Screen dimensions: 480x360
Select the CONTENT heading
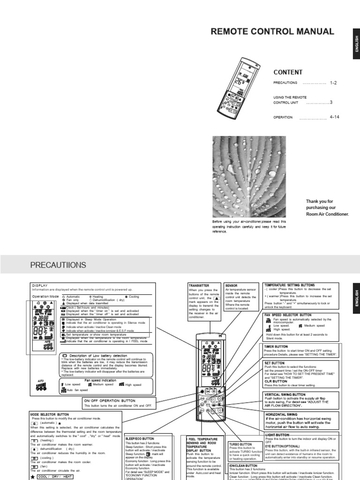point(288,72)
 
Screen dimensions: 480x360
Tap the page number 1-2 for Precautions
point(334,82)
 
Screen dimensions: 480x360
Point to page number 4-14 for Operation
point(335,117)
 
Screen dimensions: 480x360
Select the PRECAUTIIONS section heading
point(58,265)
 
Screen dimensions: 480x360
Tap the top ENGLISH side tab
point(356,44)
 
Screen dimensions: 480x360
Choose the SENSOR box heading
point(232,285)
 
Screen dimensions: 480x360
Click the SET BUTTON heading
point(274,363)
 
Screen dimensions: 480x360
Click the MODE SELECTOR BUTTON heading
point(50,415)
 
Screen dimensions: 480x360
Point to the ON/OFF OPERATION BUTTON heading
point(110,401)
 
